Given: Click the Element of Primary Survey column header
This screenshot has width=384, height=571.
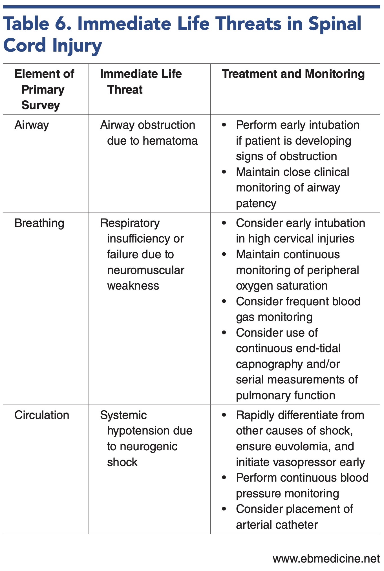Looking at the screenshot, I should (44, 89).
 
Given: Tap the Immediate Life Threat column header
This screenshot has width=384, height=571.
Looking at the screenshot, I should (141, 82).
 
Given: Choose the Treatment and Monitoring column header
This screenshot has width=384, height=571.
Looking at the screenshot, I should (293, 74).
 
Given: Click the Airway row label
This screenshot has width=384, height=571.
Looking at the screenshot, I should (32, 125).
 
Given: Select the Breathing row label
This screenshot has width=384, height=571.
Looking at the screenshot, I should (39, 223).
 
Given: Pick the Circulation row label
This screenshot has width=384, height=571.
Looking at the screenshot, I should (42, 415).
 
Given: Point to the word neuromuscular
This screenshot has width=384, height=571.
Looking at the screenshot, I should (145, 270).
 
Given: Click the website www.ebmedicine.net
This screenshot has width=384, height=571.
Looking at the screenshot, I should (326, 559).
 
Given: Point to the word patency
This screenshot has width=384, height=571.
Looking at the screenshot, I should (256, 203).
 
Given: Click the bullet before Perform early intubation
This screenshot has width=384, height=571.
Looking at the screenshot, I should (224, 125).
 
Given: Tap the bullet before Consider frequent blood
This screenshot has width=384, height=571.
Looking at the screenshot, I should (224, 301).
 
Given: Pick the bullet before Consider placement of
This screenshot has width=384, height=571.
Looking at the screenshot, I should (224, 509).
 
